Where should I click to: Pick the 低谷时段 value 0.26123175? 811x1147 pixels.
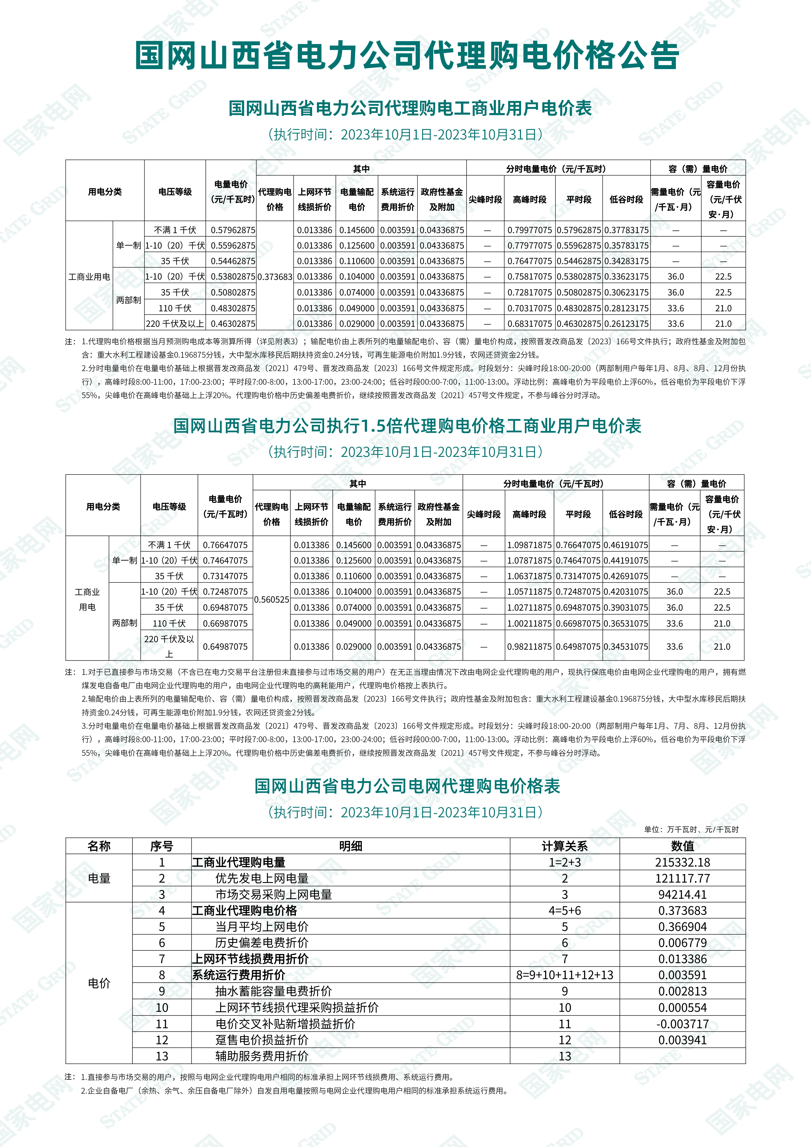[x=626, y=324]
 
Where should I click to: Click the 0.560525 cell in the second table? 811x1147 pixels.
[x=272, y=600]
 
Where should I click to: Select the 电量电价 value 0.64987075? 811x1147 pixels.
[x=225, y=646]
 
